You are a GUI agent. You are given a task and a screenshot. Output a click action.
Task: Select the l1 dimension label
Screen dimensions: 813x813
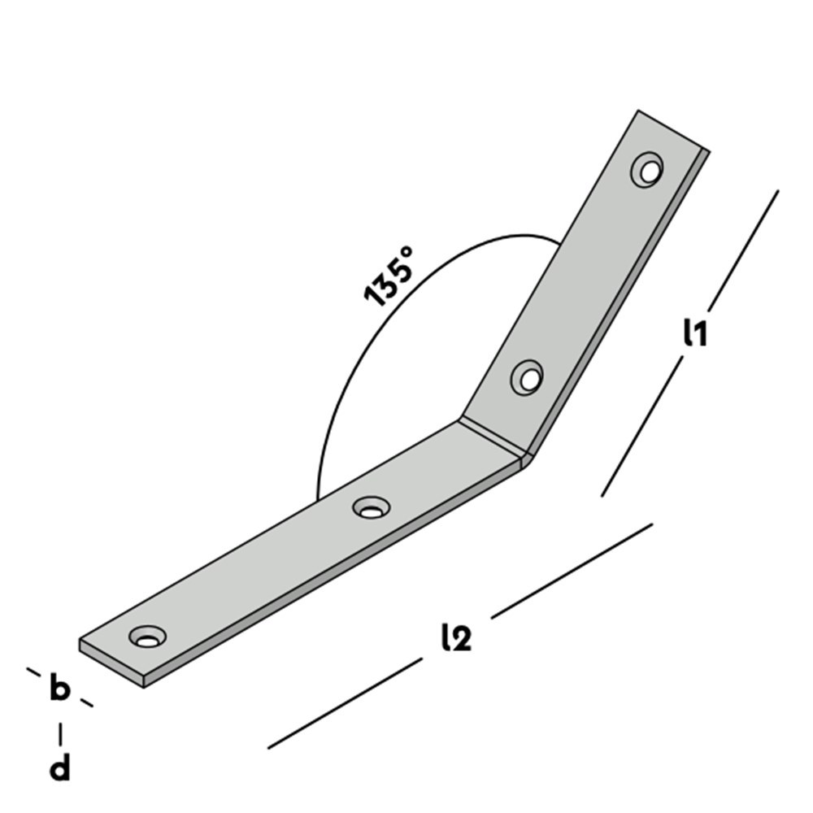(695, 333)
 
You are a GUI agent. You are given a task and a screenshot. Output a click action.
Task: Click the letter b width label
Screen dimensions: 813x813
(59, 688)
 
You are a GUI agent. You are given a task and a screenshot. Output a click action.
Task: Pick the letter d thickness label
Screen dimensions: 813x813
(59, 767)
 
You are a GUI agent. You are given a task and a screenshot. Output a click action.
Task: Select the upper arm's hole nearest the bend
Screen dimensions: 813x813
(527, 377)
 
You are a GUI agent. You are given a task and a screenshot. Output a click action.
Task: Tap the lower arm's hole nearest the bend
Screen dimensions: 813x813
(371, 508)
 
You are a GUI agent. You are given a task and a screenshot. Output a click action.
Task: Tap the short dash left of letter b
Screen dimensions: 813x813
(33, 671)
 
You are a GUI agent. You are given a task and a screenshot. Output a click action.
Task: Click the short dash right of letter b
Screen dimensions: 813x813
(85, 702)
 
